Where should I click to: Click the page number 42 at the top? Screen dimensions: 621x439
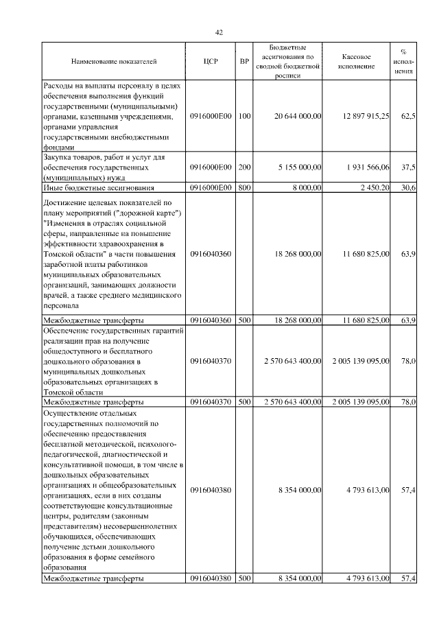click(x=219, y=32)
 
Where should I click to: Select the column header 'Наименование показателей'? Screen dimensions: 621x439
click(x=113, y=62)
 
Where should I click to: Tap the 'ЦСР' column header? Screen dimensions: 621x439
click(x=211, y=62)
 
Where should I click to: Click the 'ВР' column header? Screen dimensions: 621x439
click(x=244, y=62)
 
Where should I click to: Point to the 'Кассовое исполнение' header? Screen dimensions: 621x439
click(x=357, y=62)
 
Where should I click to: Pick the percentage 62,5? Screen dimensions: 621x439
click(x=408, y=117)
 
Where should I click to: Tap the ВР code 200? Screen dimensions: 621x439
click(x=244, y=167)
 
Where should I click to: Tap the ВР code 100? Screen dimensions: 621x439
click(x=244, y=117)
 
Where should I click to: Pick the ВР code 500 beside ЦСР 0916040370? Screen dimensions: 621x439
click(x=244, y=401)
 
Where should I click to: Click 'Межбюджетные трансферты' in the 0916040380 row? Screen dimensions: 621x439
click(x=93, y=578)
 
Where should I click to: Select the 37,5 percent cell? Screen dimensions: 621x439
click(x=408, y=167)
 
